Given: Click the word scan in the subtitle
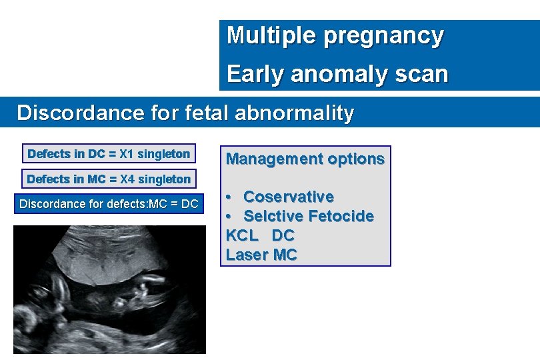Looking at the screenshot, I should pyautogui.click(x=422, y=74).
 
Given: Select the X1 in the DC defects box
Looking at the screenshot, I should pyautogui.click(x=127, y=154).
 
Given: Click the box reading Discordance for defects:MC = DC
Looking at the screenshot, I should pyautogui.click(x=109, y=204).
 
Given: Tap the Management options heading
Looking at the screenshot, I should pyautogui.click(x=305, y=159).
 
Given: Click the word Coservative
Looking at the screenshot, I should pyautogui.click(x=288, y=197).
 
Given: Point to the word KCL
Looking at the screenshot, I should pyautogui.click(x=242, y=235).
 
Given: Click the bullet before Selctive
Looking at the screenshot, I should pyautogui.click(x=229, y=217).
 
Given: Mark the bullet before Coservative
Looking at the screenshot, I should pyautogui.click(x=229, y=197).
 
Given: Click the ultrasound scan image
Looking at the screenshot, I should pyautogui.click(x=109, y=289).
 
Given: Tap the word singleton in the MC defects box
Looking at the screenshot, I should pyautogui.click(x=163, y=179).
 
